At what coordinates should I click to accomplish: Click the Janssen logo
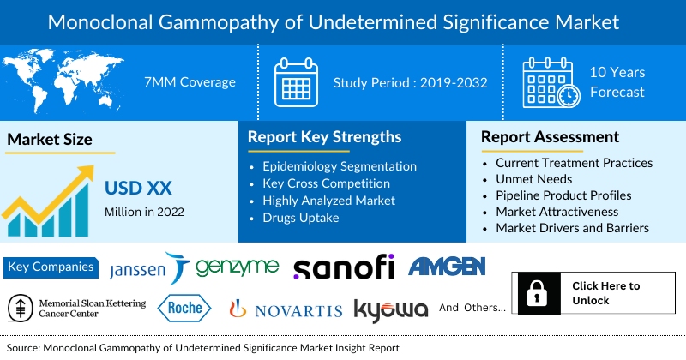coord(147,268)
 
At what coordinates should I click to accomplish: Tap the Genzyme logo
coord(237,267)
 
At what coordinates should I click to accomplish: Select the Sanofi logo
coord(343,267)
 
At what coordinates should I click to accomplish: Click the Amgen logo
coord(447,267)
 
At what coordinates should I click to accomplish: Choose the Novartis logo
coord(286,309)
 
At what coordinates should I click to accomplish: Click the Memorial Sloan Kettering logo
coord(77,308)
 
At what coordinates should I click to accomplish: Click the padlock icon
coord(538,293)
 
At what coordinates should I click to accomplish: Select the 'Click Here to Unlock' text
coord(605,293)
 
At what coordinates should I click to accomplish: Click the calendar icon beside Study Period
coord(296,82)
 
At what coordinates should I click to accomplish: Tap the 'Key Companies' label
coord(50,267)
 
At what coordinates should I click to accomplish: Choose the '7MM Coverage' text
coord(189,82)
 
